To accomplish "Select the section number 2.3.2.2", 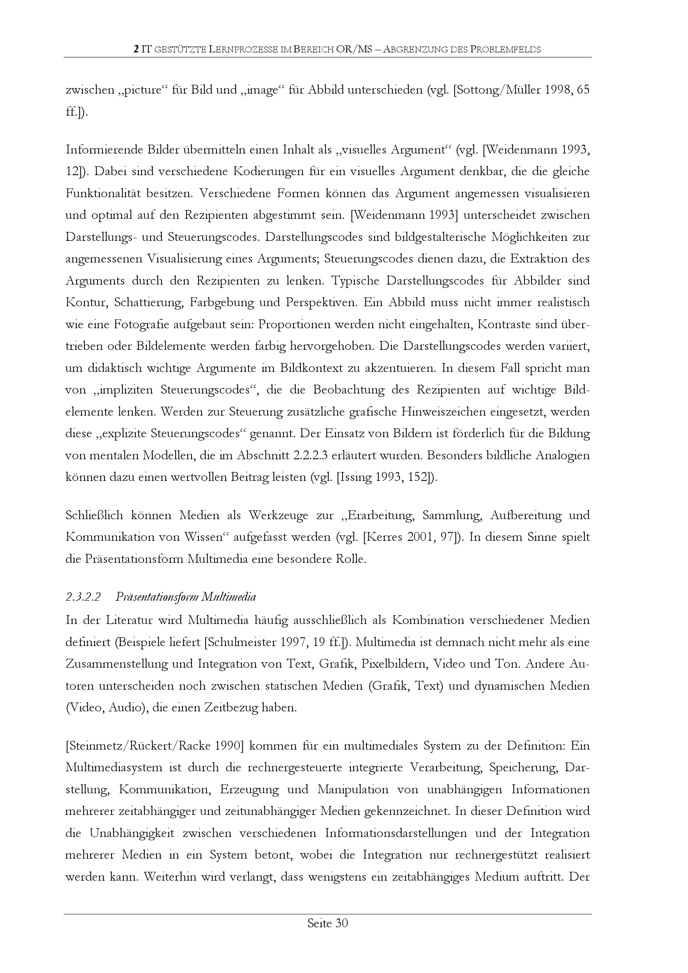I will [83, 597].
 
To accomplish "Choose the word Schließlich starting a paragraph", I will [94, 515].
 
